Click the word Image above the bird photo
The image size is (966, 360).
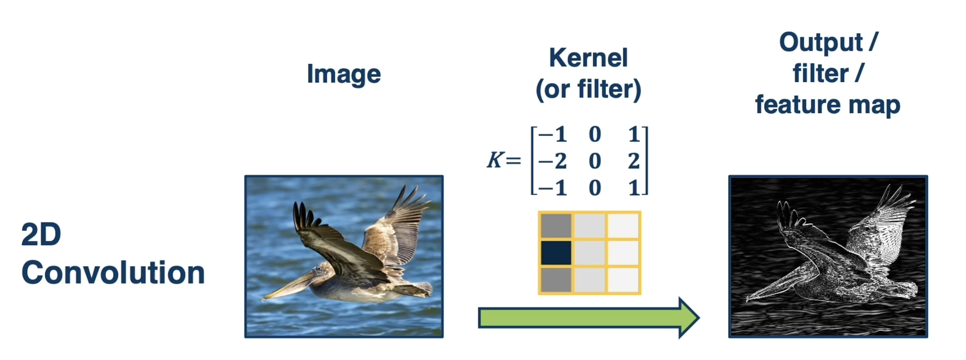[344, 74]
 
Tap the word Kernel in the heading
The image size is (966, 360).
[588, 58]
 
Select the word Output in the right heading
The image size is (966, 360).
[821, 43]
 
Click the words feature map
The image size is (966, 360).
[828, 105]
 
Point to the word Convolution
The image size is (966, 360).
[113, 273]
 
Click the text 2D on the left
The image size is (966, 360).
[41, 234]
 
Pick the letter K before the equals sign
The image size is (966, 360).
[495, 160]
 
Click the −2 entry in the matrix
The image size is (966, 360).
[552, 161]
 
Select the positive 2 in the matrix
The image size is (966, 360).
[634, 161]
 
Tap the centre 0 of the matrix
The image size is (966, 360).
[595, 161]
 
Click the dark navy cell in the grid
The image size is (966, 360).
[556, 253]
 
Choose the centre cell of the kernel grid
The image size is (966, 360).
[590, 253]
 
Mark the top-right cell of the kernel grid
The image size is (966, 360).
[623, 226]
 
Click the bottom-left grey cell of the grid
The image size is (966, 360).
[556, 280]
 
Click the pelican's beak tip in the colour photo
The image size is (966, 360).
[263, 299]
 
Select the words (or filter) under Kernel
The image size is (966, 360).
[589, 89]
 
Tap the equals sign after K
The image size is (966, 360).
[513, 160]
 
